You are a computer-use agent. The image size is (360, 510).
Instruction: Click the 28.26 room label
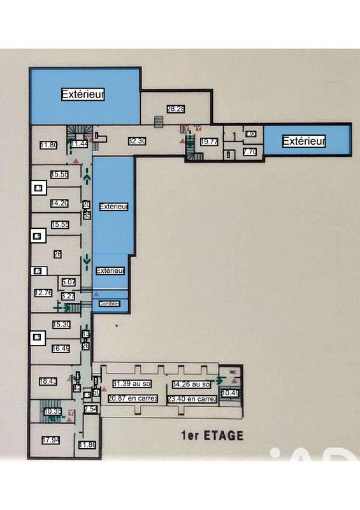tap(176, 109)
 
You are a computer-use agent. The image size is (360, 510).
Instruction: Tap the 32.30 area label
tap(138, 142)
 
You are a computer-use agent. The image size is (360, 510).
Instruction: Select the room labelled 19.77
tap(209, 142)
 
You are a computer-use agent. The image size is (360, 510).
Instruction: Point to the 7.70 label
tap(250, 152)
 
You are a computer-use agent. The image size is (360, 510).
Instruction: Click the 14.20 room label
tap(60, 203)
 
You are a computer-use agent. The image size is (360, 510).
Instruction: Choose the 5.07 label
tap(68, 282)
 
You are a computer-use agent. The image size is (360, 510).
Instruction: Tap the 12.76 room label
tap(43, 293)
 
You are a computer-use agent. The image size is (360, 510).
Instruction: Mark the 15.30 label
tap(61, 324)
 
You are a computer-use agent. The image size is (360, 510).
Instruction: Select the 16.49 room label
tap(61, 349)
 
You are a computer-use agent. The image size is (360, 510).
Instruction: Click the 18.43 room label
tap(48, 381)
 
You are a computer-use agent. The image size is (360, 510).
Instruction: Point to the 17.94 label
tap(51, 440)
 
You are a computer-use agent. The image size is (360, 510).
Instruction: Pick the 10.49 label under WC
tap(230, 393)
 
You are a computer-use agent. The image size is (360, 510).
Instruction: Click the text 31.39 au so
tap(131, 384)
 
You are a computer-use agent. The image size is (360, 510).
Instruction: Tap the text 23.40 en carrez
tap(192, 399)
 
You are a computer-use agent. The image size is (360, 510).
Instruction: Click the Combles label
tap(109, 304)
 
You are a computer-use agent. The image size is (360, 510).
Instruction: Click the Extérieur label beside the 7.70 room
tap(305, 141)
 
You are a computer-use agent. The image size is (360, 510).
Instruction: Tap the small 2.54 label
tap(90, 409)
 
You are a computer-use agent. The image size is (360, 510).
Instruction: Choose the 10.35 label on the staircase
tap(52, 412)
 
